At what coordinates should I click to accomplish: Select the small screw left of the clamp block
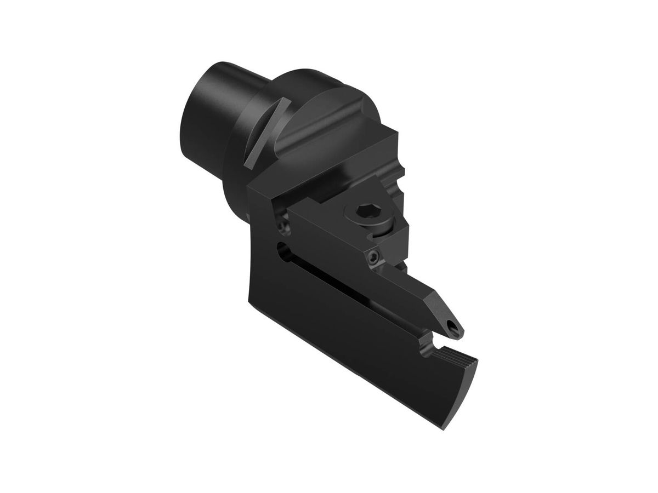tap(282, 223)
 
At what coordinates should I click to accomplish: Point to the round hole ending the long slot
tap(282, 249)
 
